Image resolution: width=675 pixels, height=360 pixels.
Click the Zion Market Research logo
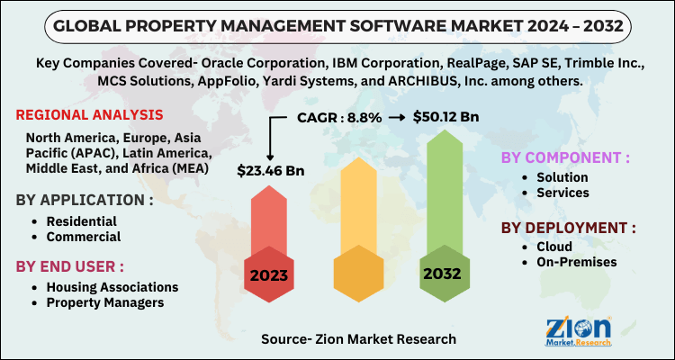579,328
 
